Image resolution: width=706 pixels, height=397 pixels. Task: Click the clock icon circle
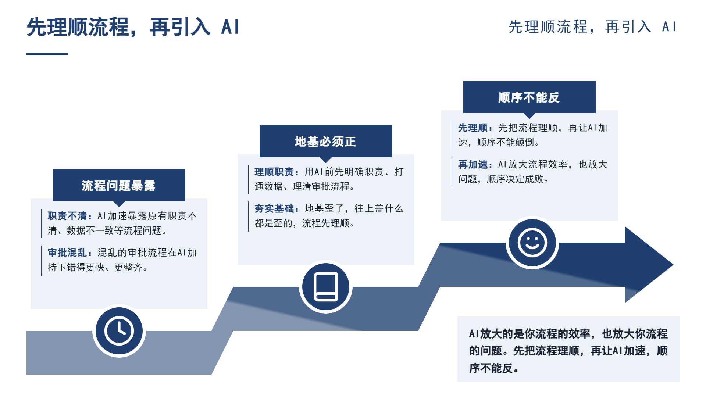click(119, 331)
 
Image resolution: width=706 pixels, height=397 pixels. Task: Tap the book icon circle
click(326, 287)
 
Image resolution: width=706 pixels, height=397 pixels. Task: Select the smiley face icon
click(532, 243)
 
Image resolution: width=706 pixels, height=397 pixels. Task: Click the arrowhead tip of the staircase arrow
click(673, 265)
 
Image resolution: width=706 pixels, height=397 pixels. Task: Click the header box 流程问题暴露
click(119, 185)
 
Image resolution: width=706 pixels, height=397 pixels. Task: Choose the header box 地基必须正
click(326, 141)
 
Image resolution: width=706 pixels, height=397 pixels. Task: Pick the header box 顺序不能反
click(529, 97)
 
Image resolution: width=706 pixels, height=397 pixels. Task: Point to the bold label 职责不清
click(67, 216)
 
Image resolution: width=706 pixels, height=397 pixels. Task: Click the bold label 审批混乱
click(67, 253)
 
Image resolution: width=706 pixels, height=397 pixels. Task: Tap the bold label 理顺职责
click(274, 172)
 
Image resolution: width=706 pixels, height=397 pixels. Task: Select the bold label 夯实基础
click(274, 208)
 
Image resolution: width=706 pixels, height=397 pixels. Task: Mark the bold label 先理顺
click(473, 128)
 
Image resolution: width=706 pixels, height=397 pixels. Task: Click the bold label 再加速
click(473, 164)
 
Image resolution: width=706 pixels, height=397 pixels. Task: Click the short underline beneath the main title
click(47, 54)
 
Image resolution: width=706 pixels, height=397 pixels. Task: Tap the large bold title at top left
click(133, 27)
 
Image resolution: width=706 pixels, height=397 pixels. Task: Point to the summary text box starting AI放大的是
click(568, 349)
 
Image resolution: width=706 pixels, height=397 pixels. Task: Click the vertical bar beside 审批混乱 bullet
click(42, 260)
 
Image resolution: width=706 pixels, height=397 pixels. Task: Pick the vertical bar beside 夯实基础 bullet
click(248, 216)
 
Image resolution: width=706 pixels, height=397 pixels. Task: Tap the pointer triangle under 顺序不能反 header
click(529, 115)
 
